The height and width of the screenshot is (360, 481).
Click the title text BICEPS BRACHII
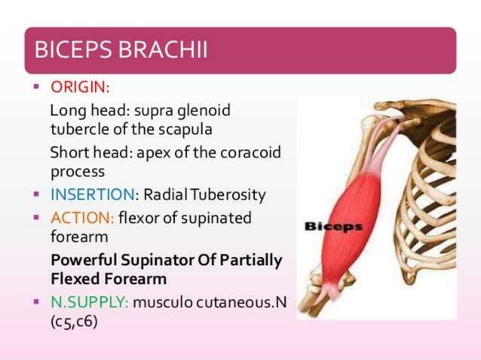(x=121, y=50)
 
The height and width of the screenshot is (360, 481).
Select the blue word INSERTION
(x=92, y=195)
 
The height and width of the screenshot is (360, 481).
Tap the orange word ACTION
(x=81, y=218)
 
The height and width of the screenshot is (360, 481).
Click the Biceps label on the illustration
(x=332, y=225)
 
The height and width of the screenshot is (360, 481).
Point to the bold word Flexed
(x=74, y=279)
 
